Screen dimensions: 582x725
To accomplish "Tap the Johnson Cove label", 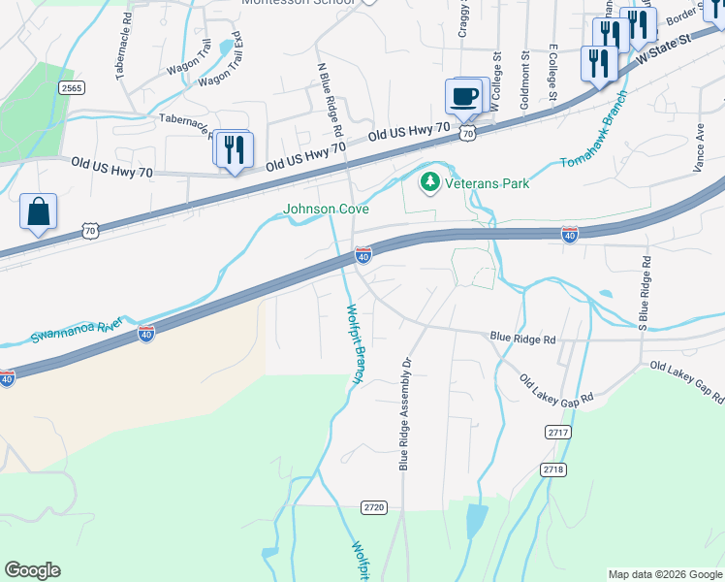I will pos(325,209).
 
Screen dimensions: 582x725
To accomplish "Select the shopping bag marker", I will pos(38,212).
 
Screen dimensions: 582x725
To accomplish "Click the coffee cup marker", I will pos(463,96).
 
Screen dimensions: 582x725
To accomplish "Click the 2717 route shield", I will pos(557,432).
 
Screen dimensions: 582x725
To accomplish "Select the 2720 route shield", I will pos(374,507).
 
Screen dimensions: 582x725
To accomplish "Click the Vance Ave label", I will pos(698,146).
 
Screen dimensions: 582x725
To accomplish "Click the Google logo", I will pos(32,570).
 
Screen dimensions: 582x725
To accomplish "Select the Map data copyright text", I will pos(664,574).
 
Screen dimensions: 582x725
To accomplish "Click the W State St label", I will pos(664,49).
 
